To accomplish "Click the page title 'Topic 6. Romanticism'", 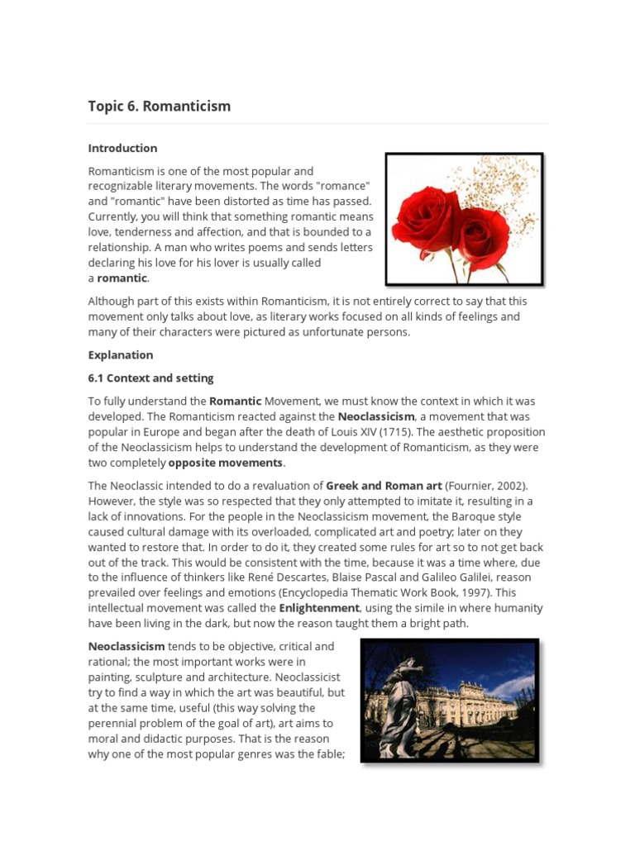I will (160, 107).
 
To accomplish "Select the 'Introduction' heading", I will (122, 149).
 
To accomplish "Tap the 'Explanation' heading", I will (121, 355).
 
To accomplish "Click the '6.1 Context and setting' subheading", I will (150, 378).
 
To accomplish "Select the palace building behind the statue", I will (467, 706).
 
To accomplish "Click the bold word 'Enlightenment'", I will (319, 608).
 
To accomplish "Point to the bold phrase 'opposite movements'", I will (226, 463).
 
